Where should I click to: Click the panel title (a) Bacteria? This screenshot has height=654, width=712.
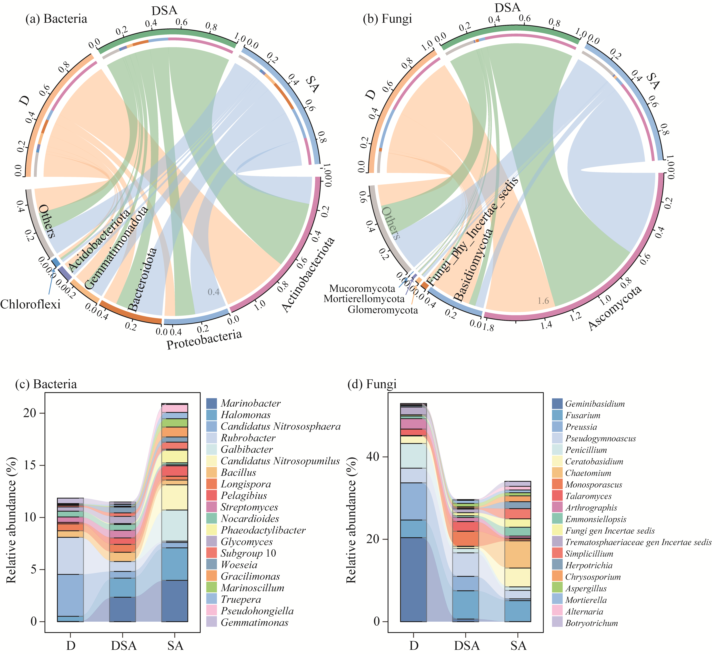tap(56, 19)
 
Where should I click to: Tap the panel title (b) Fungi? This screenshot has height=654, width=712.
tap(387, 19)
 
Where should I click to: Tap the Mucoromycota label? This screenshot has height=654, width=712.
tap(362, 288)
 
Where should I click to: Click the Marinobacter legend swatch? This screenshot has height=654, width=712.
tap(211, 403)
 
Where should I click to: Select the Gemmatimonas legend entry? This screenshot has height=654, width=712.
tap(255, 622)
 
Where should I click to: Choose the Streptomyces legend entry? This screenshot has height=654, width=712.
tap(249, 507)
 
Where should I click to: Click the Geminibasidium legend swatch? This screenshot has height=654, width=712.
tap(557, 403)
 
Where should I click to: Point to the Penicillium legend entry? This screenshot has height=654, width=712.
tap(586, 450)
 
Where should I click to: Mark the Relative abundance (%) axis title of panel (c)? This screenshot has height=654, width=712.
tap(11, 520)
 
